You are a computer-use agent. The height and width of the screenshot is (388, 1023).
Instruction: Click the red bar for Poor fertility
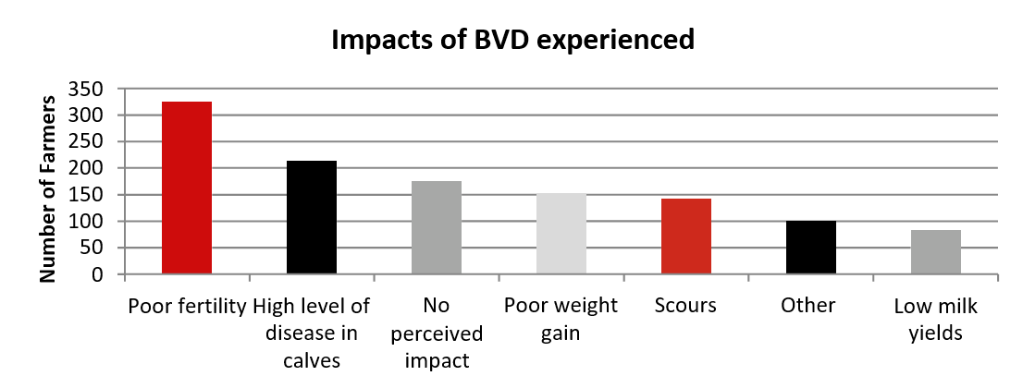[187, 188]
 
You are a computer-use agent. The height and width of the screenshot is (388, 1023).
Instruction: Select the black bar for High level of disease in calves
[312, 218]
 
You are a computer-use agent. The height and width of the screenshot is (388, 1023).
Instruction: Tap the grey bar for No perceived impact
[437, 228]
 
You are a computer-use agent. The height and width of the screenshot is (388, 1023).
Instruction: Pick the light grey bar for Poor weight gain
[561, 235]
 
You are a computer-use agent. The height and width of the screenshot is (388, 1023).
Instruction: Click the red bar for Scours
[686, 236]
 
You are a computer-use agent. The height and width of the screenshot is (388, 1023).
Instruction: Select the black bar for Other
[811, 248]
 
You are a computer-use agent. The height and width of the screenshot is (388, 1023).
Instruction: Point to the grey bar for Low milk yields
[936, 252]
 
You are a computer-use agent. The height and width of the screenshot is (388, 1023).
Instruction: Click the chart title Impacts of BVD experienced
[512, 41]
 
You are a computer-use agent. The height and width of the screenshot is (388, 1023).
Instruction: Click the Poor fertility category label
[187, 306]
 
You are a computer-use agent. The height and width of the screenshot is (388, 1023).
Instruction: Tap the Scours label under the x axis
[685, 306]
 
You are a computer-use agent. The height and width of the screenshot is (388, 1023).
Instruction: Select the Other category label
[811, 306]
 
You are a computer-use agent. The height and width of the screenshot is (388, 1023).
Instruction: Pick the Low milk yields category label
[936, 319]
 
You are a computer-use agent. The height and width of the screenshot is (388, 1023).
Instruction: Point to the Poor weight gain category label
[561, 319]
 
